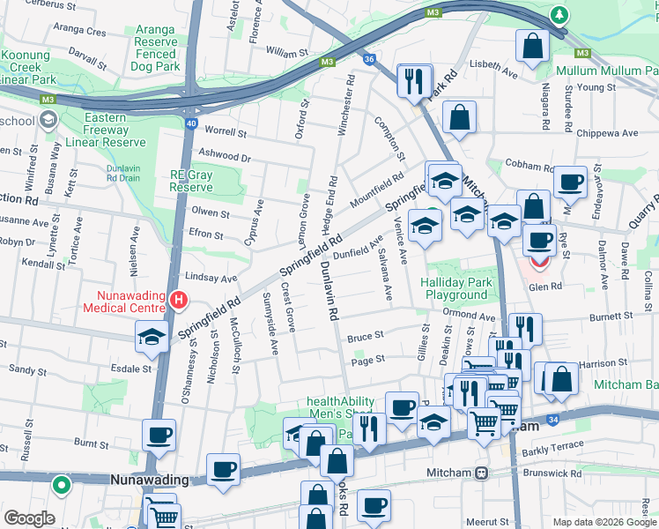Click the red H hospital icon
tap(180, 302)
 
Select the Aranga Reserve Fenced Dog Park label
tap(154, 48)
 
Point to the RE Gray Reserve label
tap(191, 181)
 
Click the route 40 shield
tap(191, 123)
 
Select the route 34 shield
tap(551, 421)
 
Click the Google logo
tap(29, 518)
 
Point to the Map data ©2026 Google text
tap(603, 522)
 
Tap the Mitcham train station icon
tap(481, 473)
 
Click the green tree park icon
tap(559, 15)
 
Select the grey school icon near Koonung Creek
tap(48, 119)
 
